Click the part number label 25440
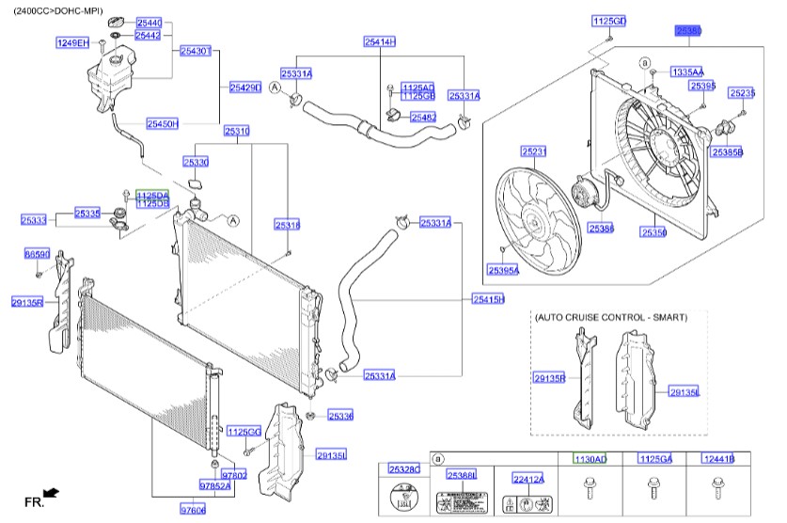[149, 22]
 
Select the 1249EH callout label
[72, 42]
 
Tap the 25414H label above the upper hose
[381, 41]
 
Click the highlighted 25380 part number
[687, 31]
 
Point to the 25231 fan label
[534, 151]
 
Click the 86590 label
[37, 255]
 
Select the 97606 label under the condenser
[193, 509]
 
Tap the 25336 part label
[340, 415]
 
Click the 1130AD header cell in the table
[590, 458]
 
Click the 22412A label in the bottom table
[528, 479]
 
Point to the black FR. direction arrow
[53, 492]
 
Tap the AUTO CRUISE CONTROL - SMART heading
[610, 318]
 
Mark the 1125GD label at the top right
[608, 21]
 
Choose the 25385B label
[727, 151]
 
